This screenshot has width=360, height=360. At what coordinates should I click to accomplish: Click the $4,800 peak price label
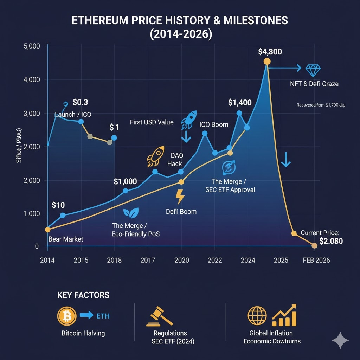[x=269, y=52]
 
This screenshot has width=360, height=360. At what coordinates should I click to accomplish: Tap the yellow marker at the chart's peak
[x=267, y=62]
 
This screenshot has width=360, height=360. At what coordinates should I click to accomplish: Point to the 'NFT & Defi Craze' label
[x=314, y=84]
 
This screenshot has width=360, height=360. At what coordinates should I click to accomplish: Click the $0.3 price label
[x=80, y=102]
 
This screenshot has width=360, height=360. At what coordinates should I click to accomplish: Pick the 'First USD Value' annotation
[x=152, y=122]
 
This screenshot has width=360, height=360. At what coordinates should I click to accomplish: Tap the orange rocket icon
[x=155, y=156]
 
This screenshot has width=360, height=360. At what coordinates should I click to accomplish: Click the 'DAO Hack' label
[x=176, y=159]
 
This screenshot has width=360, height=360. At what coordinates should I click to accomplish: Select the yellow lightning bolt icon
[x=180, y=197]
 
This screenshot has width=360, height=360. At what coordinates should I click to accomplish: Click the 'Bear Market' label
[x=65, y=239]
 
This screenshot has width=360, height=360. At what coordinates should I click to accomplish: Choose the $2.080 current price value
[x=331, y=241]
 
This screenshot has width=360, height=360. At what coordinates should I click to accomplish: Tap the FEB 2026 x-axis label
[x=316, y=260]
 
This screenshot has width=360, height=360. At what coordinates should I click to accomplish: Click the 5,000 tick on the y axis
[x=32, y=46]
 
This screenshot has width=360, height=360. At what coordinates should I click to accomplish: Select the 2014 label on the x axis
[x=47, y=260]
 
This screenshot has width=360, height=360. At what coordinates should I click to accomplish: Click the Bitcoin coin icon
[x=67, y=315]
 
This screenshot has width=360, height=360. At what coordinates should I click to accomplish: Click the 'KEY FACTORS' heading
[x=83, y=295]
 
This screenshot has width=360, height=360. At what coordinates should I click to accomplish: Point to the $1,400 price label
[x=240, y=103]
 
